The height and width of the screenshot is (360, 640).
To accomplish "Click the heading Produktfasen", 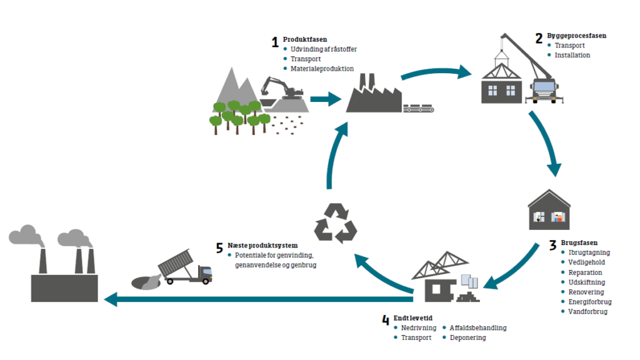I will point(305,39).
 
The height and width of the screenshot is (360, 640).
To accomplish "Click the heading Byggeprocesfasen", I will point(577,36).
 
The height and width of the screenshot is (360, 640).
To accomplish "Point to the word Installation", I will point(572,55).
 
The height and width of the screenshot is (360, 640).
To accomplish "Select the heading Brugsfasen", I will point(579,242).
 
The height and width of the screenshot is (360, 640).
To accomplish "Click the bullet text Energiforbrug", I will point(590,302).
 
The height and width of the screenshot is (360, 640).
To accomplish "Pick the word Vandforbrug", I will point(587,312).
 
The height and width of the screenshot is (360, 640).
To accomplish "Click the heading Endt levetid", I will point(412,318).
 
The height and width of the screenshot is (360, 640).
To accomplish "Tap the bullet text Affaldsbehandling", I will point(478,328).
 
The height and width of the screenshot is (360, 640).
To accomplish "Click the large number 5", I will point(219,248).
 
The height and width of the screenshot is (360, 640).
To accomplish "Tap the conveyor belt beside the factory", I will point(419,108).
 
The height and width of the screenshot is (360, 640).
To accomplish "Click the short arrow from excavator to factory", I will point(324,98).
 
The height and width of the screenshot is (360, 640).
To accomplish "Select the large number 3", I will point(552,245).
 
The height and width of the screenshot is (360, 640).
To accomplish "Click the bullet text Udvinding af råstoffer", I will point(324,49).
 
